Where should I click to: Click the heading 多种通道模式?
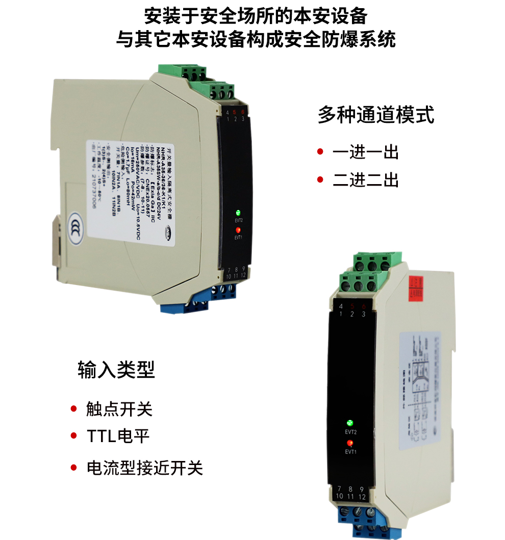(376, 115)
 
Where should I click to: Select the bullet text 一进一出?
(365, 152)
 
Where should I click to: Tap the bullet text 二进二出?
(365, 180)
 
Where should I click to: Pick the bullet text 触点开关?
(119, 409)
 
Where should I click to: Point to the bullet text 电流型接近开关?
(144, 468)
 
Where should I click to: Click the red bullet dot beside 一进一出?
(320, 151)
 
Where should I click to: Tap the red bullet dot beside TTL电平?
(73, 436)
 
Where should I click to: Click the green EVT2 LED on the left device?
(238, 213)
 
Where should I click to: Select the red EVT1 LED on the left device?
(238, 230)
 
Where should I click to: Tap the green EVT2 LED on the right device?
(350, 423)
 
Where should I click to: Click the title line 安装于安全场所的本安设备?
(256, 16)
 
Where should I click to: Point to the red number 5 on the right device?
(352, 306)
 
